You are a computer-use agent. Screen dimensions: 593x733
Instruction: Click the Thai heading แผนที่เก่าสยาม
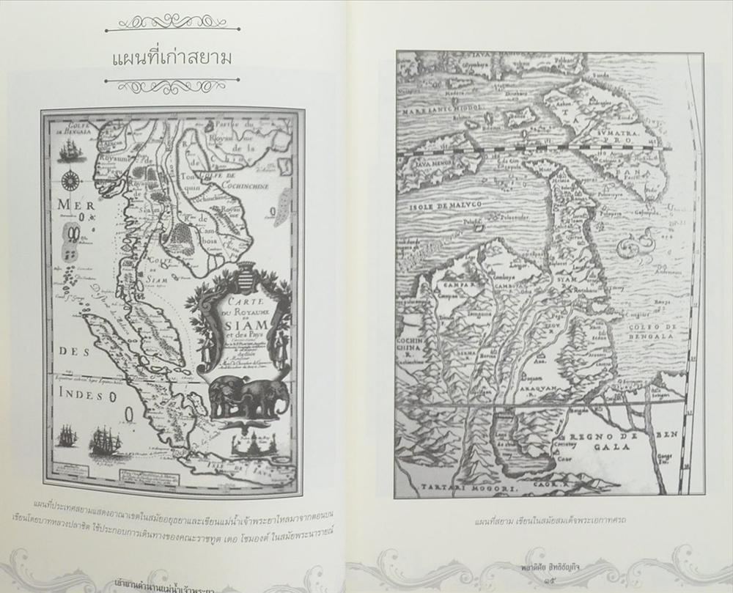[x=172, y=58]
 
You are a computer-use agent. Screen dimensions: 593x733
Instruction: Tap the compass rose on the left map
[x=70, y=178]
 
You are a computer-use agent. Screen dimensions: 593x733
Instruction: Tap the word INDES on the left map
[x=79, y=396]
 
